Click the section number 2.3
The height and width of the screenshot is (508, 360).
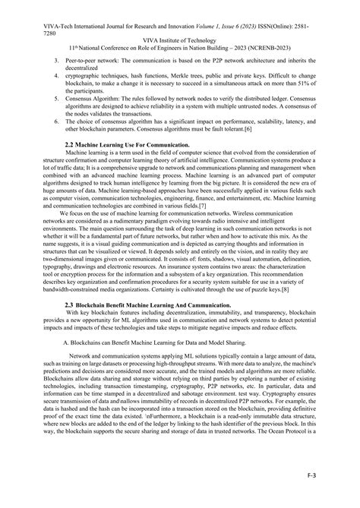click(x=71, y=325)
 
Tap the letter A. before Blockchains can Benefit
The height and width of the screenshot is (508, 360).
click(x=66, y=361)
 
